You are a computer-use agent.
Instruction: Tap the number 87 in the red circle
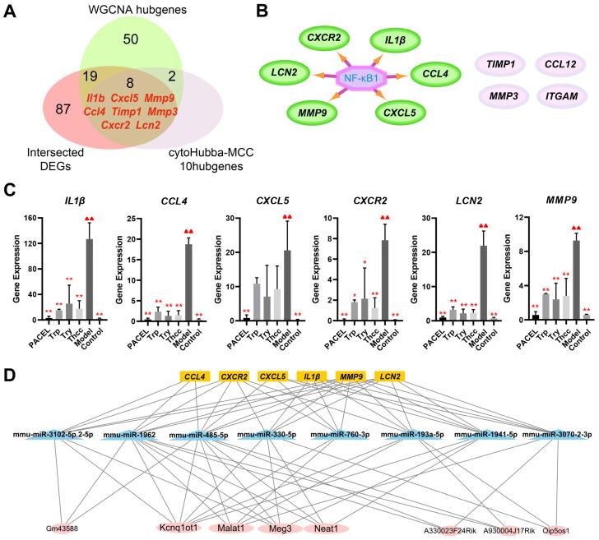38,109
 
